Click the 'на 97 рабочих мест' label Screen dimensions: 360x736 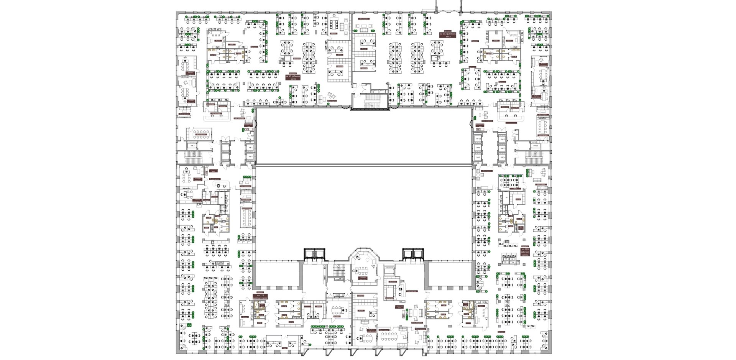coord(293,77)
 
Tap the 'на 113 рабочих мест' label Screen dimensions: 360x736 coord(447,35)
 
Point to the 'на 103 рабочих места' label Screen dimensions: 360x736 coord(525,252)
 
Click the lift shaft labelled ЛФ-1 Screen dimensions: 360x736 coord(250,147)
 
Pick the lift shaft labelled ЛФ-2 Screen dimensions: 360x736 coord(250,156)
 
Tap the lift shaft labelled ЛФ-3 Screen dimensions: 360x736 coord(193,146)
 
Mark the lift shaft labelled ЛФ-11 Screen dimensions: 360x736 coord(478,139)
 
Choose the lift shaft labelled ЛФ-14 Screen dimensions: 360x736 coord(502,157)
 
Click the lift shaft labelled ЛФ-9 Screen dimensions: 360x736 coord(478,157)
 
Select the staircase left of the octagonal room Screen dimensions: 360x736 coord(339,271)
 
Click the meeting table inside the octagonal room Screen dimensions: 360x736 coord(363,270)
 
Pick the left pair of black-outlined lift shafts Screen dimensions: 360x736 coord(314,254)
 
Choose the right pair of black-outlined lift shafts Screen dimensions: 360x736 coord(413,254)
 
